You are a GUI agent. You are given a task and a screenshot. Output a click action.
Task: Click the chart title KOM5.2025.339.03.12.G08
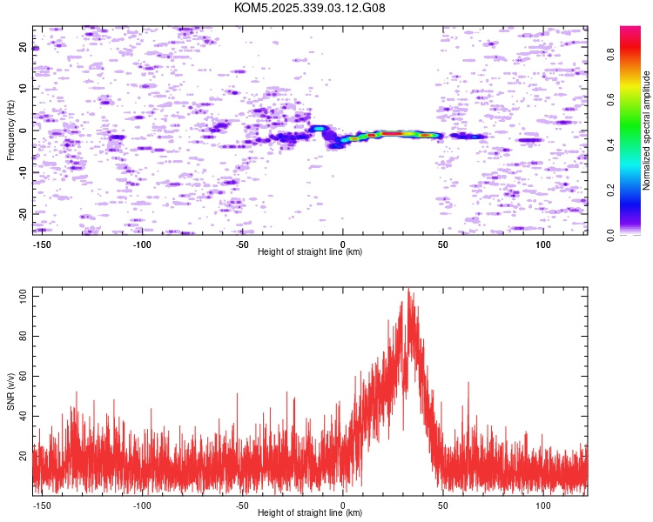tap(310, 8)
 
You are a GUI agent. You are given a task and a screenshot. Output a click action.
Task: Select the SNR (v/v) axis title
tap(11, 391)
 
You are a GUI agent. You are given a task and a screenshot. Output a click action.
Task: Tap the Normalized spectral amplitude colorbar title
tap(647, 130)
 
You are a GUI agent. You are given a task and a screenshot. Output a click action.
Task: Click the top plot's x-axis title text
tap(310, 251)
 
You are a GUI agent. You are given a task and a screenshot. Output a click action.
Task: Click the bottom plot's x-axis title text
tap(310, 512)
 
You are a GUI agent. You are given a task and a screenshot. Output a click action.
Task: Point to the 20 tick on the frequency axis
tap(23, 48)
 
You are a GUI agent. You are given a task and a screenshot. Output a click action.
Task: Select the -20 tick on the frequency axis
tap(21, 213)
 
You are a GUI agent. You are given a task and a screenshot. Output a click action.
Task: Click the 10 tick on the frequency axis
tap(23, 89)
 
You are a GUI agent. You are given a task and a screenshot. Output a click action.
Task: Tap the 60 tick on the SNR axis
tap(23, 376)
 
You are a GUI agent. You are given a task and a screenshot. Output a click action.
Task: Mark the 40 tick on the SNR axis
tap(23, 416)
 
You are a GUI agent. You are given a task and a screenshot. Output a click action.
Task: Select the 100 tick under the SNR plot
tap(543, 504)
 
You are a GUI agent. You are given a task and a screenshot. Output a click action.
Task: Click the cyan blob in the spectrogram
tap(319, 129)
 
